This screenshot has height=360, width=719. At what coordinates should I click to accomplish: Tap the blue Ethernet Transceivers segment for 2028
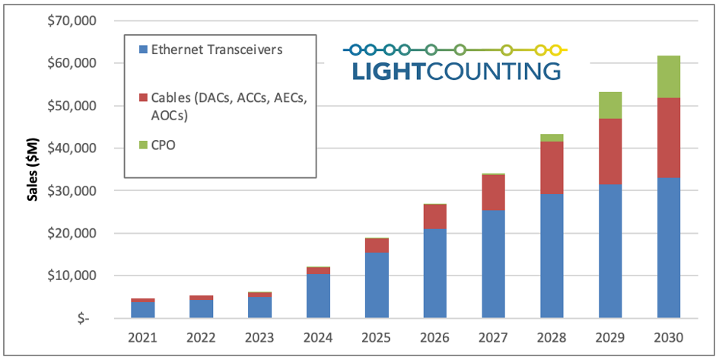(x=552, y=256)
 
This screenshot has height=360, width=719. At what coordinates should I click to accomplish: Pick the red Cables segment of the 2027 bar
(x=493, y=193)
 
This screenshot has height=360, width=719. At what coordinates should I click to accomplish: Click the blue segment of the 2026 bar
(x=435, y=272)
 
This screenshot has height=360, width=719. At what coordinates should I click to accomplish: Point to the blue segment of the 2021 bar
(x=143, y=310)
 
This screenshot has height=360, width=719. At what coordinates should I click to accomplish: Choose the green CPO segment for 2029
(x=610, y=105)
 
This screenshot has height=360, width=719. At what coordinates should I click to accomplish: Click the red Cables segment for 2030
(x=668, y=138)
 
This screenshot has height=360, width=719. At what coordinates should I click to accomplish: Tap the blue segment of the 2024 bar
(x=318, y=295)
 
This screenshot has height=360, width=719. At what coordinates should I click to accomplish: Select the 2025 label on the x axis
(x=377, y=337)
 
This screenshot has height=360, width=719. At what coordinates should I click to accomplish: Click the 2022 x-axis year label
(x=202, y=337)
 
